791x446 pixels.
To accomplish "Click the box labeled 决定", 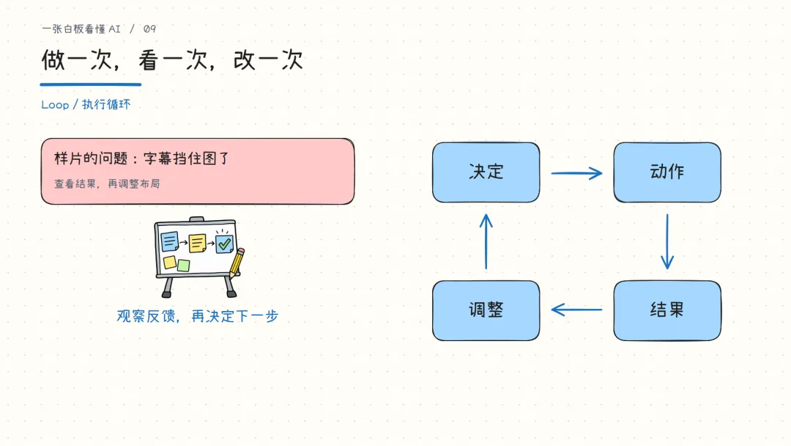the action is [x=486, y=172].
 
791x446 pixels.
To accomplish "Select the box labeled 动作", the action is [x=667, y=172].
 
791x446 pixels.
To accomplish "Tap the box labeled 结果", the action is [x=667, y=310].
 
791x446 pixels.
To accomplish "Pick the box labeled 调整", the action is [x=486, y=310].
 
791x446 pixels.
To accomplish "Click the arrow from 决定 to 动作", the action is [x=576, y=173].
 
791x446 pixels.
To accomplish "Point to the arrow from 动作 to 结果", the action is [x=667, y=241].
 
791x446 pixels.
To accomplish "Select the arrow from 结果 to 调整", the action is [x=576, y=309].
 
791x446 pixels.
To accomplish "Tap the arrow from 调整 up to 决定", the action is [x=486, y=241].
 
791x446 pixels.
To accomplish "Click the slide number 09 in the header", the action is [x=150, y=29].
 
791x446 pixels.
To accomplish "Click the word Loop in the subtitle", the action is [x=55, y=105].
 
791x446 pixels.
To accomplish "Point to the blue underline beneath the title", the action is [x=91, y=84].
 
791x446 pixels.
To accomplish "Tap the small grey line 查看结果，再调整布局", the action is [x=107, y=184].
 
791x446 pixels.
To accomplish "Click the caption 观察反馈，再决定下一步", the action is [x=197, y=316].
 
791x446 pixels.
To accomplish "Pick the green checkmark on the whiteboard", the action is [x=225, y=244].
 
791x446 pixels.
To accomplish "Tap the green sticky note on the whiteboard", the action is [x=184, y=265].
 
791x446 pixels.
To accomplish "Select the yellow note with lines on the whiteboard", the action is [x=197, y=244].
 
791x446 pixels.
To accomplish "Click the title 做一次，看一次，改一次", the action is [x=172, y=59].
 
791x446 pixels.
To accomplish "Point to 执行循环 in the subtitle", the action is [x=106, y=105].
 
